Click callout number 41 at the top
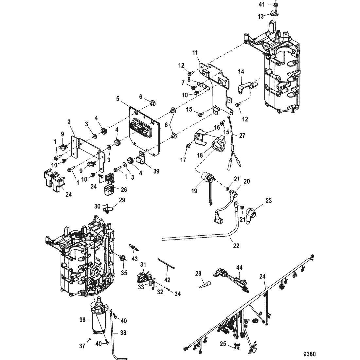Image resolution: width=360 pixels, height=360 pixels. tap(261, 5)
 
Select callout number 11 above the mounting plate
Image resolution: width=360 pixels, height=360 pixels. tap(195, 53)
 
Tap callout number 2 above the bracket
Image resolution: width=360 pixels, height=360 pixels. tap(69, 122)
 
